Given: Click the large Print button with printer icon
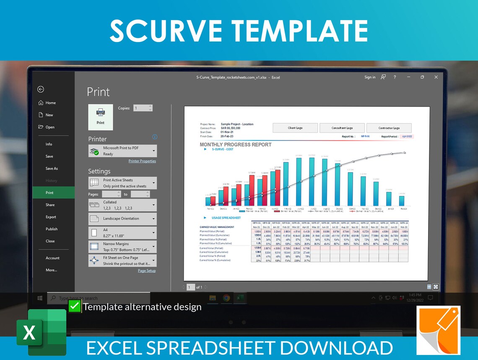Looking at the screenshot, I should [x=100, y=117].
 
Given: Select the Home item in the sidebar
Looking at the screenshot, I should [x=50, y=103].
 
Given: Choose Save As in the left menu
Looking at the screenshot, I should [x=52, y=169].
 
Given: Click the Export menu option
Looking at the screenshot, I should [x=51, y=217].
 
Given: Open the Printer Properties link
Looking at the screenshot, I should [x=142, y=161].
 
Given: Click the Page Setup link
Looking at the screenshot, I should [x=147, y=271].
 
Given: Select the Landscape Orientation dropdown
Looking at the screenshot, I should [x=122, y=219].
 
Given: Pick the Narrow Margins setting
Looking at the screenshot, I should [x=122, y=247].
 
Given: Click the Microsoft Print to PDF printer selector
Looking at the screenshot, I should [x=122, y=151].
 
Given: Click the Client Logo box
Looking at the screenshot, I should [x=295, y=128].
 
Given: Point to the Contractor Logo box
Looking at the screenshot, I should [x=389, y=128].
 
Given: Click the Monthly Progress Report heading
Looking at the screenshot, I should [x=235, y=145].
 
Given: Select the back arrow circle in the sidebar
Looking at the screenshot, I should [x=41, y=89].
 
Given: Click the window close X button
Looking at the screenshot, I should [x=436, y=77].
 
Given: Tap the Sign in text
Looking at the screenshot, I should [x=370, y=77].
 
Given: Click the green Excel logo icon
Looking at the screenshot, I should [x=41, y=332].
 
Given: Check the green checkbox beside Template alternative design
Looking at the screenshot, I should [x=74, y=306].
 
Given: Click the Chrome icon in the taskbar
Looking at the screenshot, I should [x=226, y=298].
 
